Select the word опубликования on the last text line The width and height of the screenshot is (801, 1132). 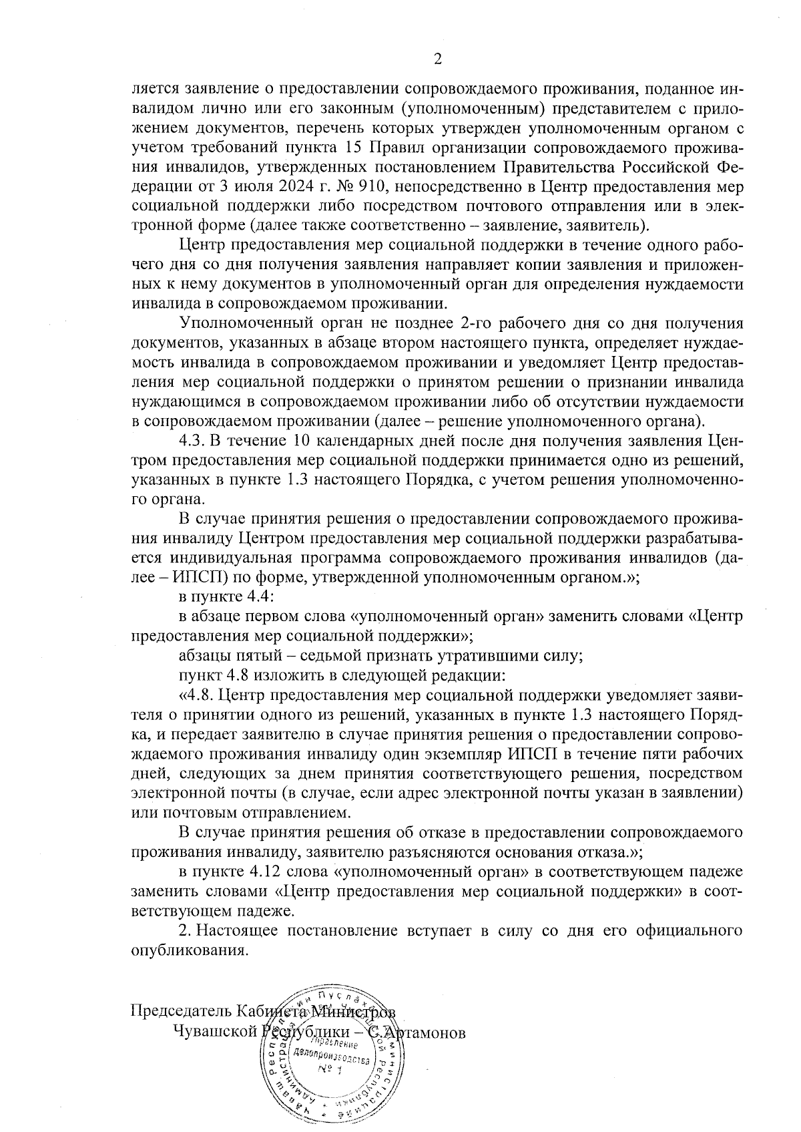(x=190, y=950)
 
